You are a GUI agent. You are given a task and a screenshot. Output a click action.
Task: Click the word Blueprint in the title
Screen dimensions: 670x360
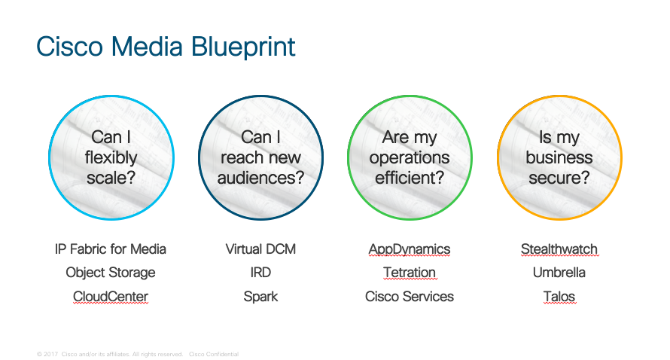coord(242,47)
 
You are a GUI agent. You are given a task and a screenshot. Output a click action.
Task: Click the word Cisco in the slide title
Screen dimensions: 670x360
coord(69,46)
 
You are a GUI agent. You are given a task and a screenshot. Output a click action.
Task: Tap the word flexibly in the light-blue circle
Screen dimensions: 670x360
coord(111,158)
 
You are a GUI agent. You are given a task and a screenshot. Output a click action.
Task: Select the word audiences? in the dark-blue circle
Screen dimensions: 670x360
coord(260,178)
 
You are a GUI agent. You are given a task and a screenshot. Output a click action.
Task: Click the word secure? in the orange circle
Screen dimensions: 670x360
coord(559,178)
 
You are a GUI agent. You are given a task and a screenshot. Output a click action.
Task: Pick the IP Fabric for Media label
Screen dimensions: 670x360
coord(110,249)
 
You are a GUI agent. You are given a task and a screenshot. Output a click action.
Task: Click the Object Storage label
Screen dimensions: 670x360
coord(110,273)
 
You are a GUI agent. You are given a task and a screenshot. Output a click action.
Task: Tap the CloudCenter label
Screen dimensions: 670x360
coord(110,296)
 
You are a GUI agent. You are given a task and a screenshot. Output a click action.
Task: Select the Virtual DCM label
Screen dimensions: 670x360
coord(260,249)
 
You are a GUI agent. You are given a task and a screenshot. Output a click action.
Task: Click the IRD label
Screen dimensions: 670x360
coord(260,273)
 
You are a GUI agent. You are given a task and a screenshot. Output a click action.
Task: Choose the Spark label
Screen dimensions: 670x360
coord(260,297)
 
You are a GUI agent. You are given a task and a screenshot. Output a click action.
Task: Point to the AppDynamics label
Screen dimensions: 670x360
coord(410,249)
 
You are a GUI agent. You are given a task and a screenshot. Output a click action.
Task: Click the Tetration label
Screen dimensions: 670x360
coord(410,273)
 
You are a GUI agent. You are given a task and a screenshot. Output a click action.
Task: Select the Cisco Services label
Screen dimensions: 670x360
coord(410,296)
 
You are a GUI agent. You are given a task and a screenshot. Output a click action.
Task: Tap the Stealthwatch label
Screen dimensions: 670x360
coord(559,249)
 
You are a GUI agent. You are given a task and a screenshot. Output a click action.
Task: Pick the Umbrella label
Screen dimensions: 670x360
coord(559,273)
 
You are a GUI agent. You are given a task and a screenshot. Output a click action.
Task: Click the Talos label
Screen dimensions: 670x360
coord(559,296)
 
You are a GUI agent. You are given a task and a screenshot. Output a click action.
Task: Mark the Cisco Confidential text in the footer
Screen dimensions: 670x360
coord(214,354)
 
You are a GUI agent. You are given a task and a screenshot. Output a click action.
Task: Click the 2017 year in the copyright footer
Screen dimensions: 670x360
coord(50,354)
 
